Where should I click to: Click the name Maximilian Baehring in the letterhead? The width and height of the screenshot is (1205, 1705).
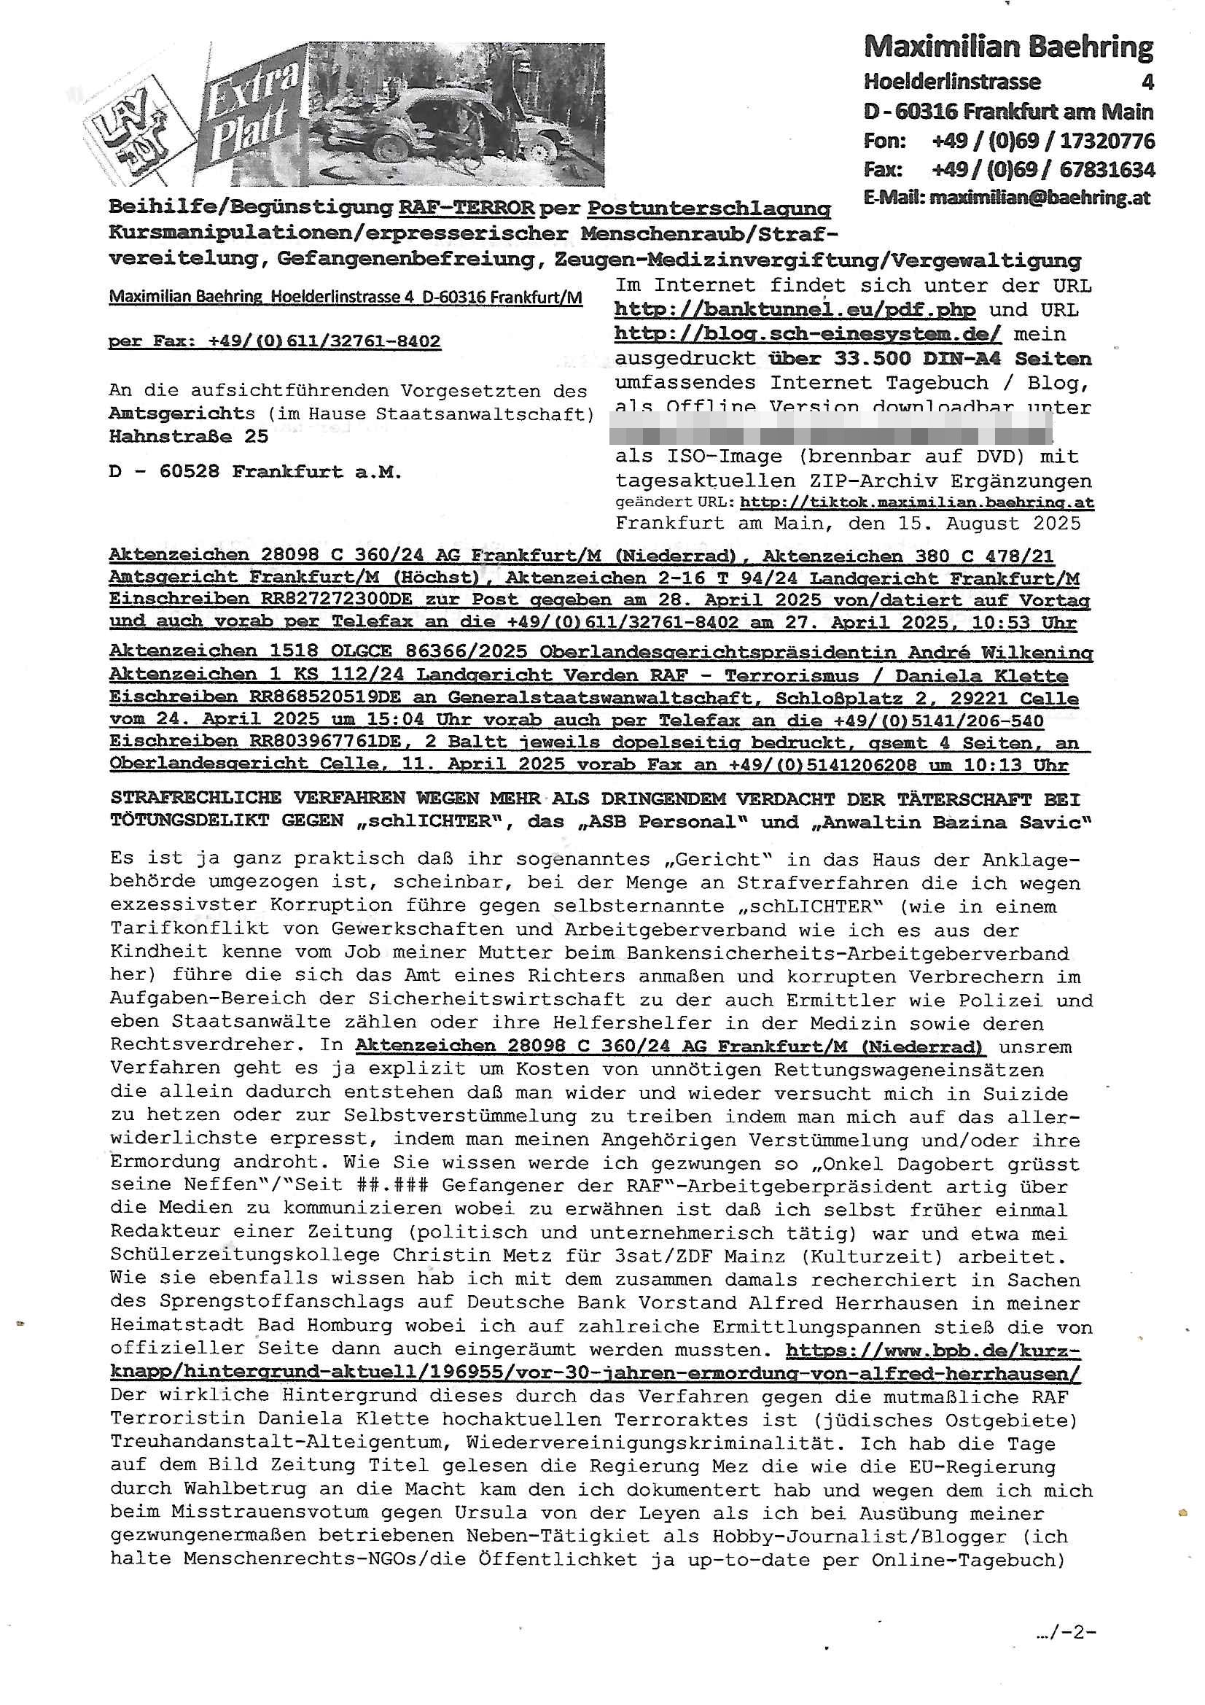[x=1007, y=47]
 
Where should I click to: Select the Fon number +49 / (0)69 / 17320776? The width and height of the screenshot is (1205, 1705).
[x=1042, y=140]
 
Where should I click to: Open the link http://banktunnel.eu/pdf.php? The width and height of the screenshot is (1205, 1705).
[x=795, y=310]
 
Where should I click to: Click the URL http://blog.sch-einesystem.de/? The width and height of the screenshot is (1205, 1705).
[x=807, y=334]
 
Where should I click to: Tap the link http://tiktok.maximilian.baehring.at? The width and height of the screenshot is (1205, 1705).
[x=917, y=502]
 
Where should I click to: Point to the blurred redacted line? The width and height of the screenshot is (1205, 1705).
[x=832, y=431]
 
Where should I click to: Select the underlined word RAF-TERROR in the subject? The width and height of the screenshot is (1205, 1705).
[x=467, y=208]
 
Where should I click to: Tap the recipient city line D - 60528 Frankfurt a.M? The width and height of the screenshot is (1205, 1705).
[x=254, y=473]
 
